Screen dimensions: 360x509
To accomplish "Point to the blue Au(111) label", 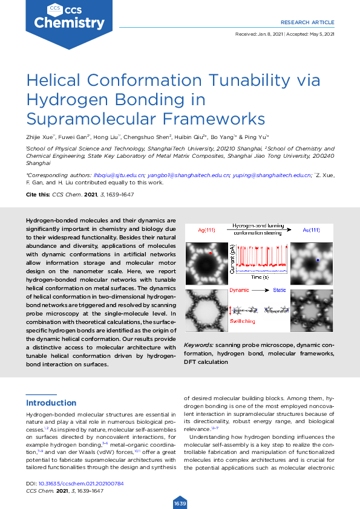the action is coord(311,230).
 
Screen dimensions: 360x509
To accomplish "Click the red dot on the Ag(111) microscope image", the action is coord(210,253).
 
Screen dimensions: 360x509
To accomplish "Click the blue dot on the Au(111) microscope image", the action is coord(318,260).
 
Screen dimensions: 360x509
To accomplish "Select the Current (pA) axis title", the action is coord(232,263).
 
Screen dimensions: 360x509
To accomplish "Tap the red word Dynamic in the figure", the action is coord(240,291).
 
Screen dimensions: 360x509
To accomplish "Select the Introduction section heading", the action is coord(51,403).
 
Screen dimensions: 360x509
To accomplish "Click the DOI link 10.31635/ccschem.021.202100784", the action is coord(81,484).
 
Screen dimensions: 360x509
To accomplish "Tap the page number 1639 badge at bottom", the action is coord(180,503).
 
